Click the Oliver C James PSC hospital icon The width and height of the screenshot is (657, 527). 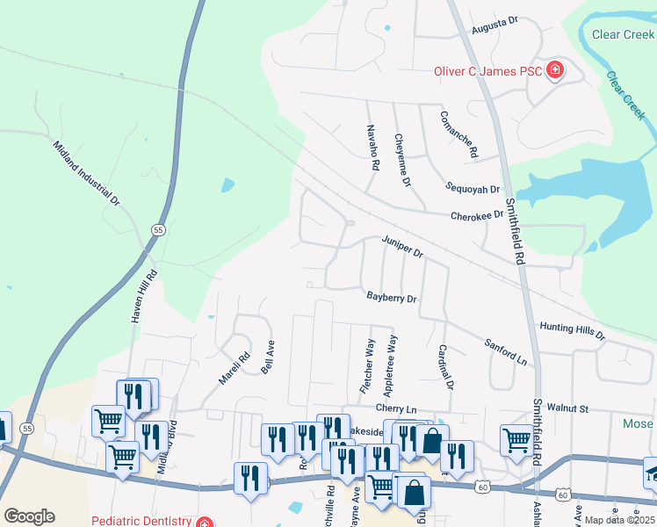[554, 70]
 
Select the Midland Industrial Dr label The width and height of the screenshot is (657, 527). [86, 173]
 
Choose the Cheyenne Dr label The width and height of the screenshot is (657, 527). [402, 160]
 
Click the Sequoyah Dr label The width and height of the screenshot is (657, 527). [473, 189]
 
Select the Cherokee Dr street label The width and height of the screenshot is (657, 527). [477, 215]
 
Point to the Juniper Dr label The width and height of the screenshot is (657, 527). [402, 246]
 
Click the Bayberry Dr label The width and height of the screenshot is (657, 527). [392, 298]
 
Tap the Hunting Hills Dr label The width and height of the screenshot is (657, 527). [573, 330]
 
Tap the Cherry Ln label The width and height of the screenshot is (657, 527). [395, 408]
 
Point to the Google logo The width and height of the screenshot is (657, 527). [29, 516]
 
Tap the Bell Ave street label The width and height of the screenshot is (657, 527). [268, 357]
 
